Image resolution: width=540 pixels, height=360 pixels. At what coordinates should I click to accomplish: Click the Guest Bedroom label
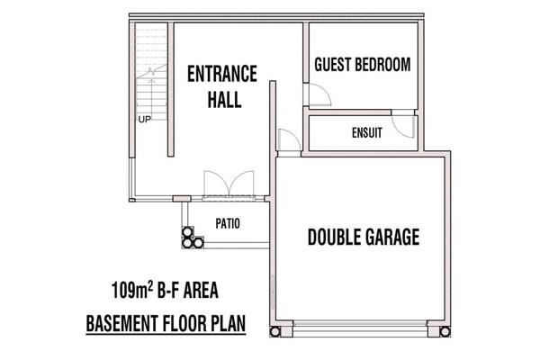[363, 65]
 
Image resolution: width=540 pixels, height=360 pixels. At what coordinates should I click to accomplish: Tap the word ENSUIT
[367, 132]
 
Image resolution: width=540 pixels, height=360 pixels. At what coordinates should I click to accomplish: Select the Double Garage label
[364, 237]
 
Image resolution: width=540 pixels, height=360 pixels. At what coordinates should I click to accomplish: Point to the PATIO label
[228, 223]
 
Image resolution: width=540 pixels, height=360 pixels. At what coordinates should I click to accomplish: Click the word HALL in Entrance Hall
[224, 100]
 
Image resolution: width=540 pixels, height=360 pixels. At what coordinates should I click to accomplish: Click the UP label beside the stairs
[145, 120]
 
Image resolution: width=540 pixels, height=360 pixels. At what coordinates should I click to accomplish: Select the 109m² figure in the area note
[132, 290]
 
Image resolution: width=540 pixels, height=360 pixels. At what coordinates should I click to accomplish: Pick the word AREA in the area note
[201, 291]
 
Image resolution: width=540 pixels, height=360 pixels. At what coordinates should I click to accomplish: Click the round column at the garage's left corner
[275, 332]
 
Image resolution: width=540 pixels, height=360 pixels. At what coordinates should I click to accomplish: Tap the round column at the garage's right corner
[445, 332]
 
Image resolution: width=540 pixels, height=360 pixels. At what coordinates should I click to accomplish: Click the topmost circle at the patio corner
[187, 232]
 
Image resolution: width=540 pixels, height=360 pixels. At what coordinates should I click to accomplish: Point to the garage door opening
[360, 328]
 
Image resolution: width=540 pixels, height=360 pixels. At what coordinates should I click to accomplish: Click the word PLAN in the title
[228, 323]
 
